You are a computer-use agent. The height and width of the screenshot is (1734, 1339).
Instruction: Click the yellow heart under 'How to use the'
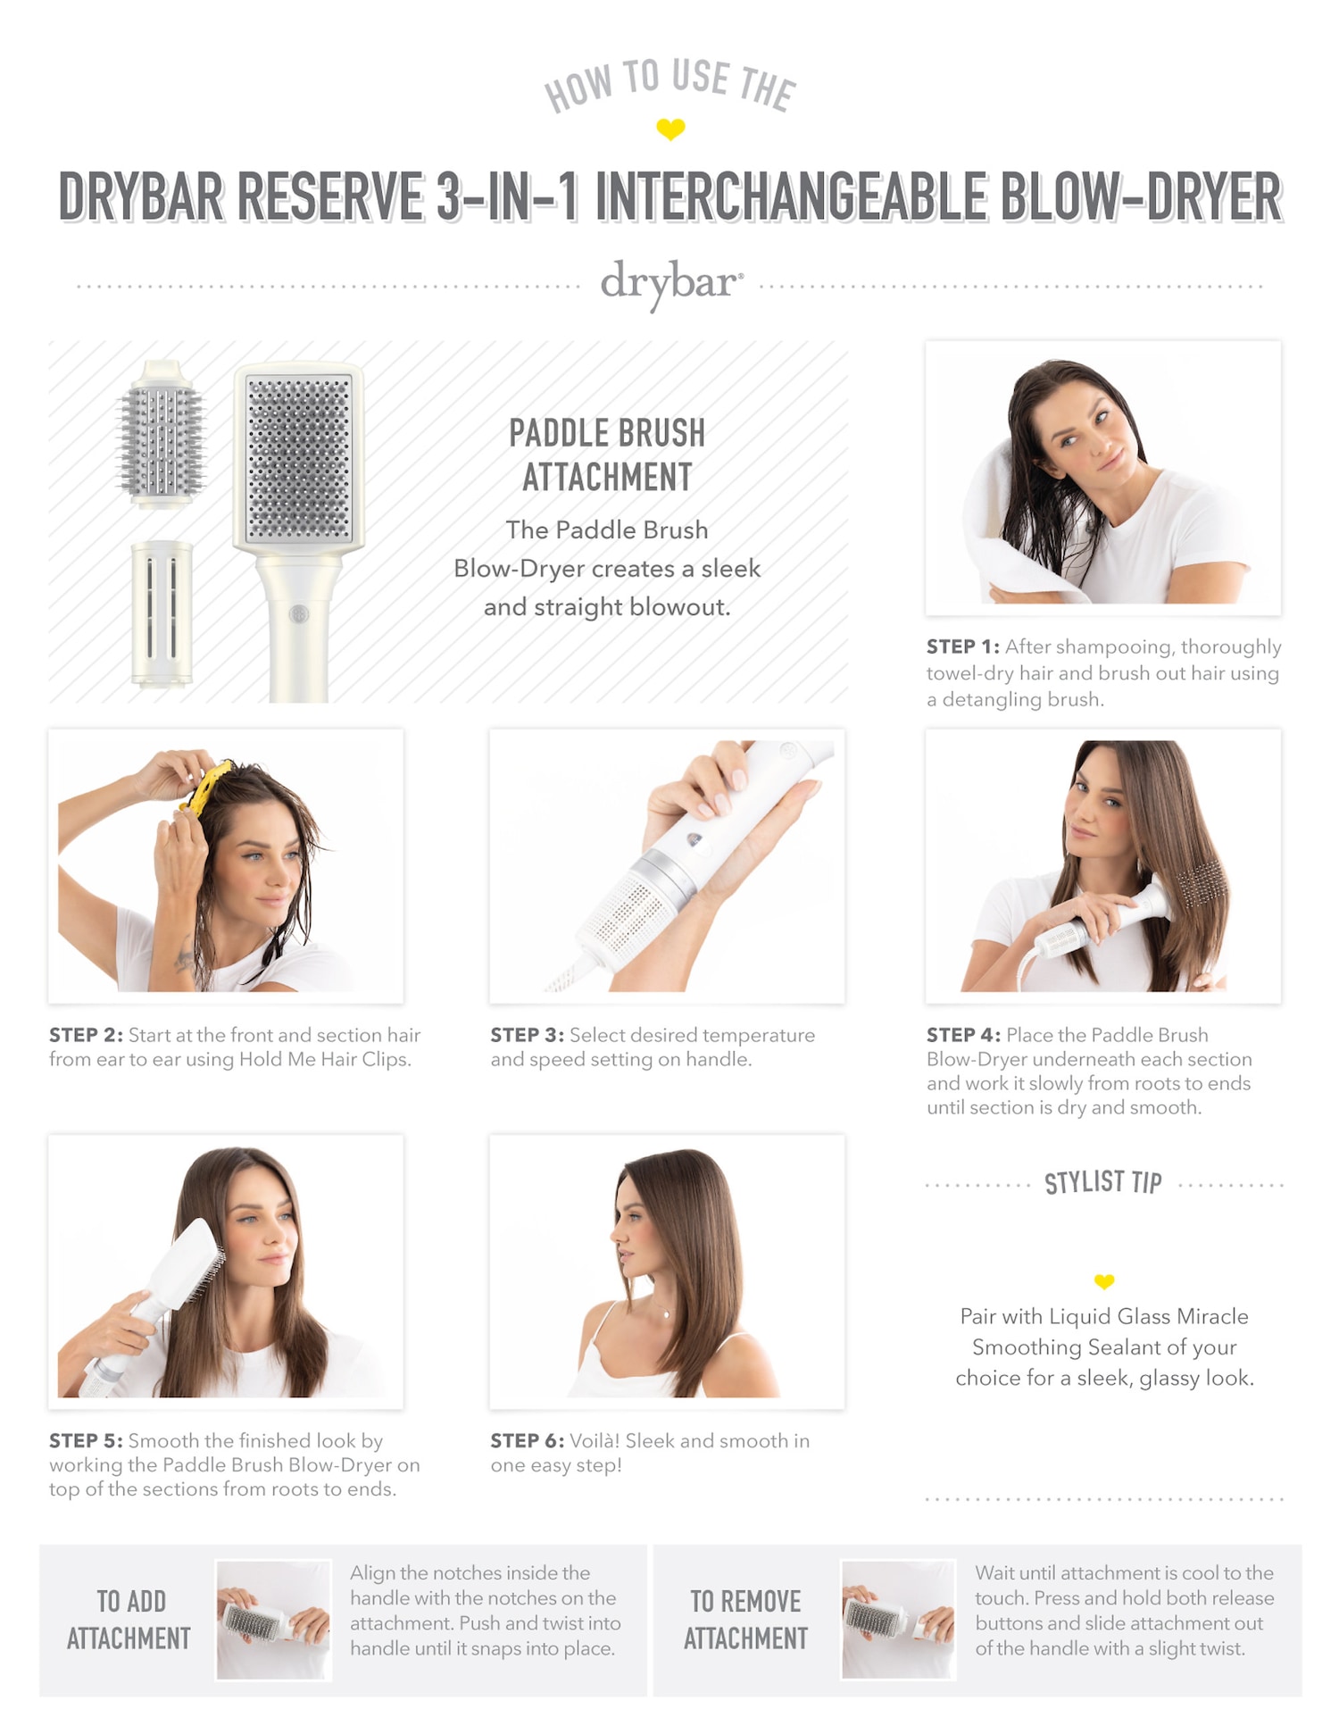[x=670, y=129]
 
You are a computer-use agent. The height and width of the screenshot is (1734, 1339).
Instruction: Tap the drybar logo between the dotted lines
[x=671, y=284]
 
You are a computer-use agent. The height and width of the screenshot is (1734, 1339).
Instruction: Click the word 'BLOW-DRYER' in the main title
[x=1141, y=196]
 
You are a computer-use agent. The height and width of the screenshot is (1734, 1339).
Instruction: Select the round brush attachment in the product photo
[x=162, y=434]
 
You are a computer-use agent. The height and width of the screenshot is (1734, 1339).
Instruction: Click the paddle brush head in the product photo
[x=299, y=458]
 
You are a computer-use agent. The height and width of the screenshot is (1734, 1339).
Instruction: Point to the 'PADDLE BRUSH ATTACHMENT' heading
[x=607, y=454]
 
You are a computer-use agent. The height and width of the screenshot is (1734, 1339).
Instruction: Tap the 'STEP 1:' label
[x=962, y=646]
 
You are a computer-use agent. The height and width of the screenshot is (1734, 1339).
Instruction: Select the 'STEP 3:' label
[x=527, y=1035]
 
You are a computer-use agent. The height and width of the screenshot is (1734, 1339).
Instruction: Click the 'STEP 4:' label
[x=963, y=1035]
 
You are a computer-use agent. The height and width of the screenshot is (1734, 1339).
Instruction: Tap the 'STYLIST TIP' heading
[x=1103, y=1183]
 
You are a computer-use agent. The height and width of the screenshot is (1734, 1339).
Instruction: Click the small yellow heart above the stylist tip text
[x=1104, y=1282]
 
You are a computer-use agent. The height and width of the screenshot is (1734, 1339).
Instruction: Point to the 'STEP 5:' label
[x=86, y=1440]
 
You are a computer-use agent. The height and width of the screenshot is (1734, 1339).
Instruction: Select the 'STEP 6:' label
[x=527, y=1440]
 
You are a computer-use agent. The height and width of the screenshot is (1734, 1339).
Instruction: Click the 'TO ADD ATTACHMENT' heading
[x=129, y=1620]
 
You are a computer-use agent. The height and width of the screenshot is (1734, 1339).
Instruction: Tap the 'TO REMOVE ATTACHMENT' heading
[x=745, y=1620]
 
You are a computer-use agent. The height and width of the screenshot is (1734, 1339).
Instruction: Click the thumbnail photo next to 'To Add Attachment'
[x=274, y=1620]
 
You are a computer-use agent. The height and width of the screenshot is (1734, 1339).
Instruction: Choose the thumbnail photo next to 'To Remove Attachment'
[x=898, y=1620]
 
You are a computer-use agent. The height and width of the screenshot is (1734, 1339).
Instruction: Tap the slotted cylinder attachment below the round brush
[x=162, y=614]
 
